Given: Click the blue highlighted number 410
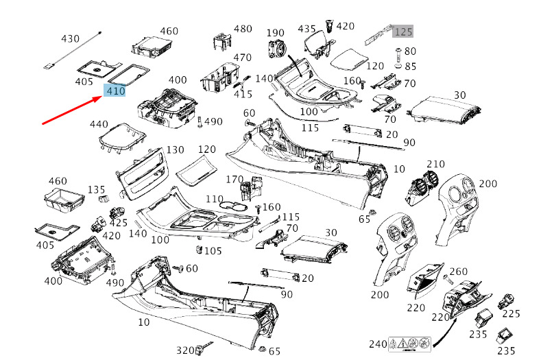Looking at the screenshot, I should coord(115,91).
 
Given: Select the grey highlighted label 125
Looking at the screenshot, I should coord(403,32).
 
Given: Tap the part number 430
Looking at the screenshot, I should coord(71,38).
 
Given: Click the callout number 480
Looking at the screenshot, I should coord(243,29).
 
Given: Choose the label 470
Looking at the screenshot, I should coord(242,58).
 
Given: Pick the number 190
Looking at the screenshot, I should coord(276,33).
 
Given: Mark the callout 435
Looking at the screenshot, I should coord(306,29).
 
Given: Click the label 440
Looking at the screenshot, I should coord(99,125).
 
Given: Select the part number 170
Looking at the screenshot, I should coord(235,180).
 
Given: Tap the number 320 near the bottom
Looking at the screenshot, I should coord(186,350).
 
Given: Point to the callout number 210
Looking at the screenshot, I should coord(435,164).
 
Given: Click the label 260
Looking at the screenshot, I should coord(458,272).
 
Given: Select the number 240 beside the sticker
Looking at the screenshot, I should coord(378,344).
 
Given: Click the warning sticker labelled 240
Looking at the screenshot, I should coord(410,342).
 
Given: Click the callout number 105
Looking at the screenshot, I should coord(213,250).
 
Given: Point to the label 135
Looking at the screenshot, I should coord(97,190).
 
